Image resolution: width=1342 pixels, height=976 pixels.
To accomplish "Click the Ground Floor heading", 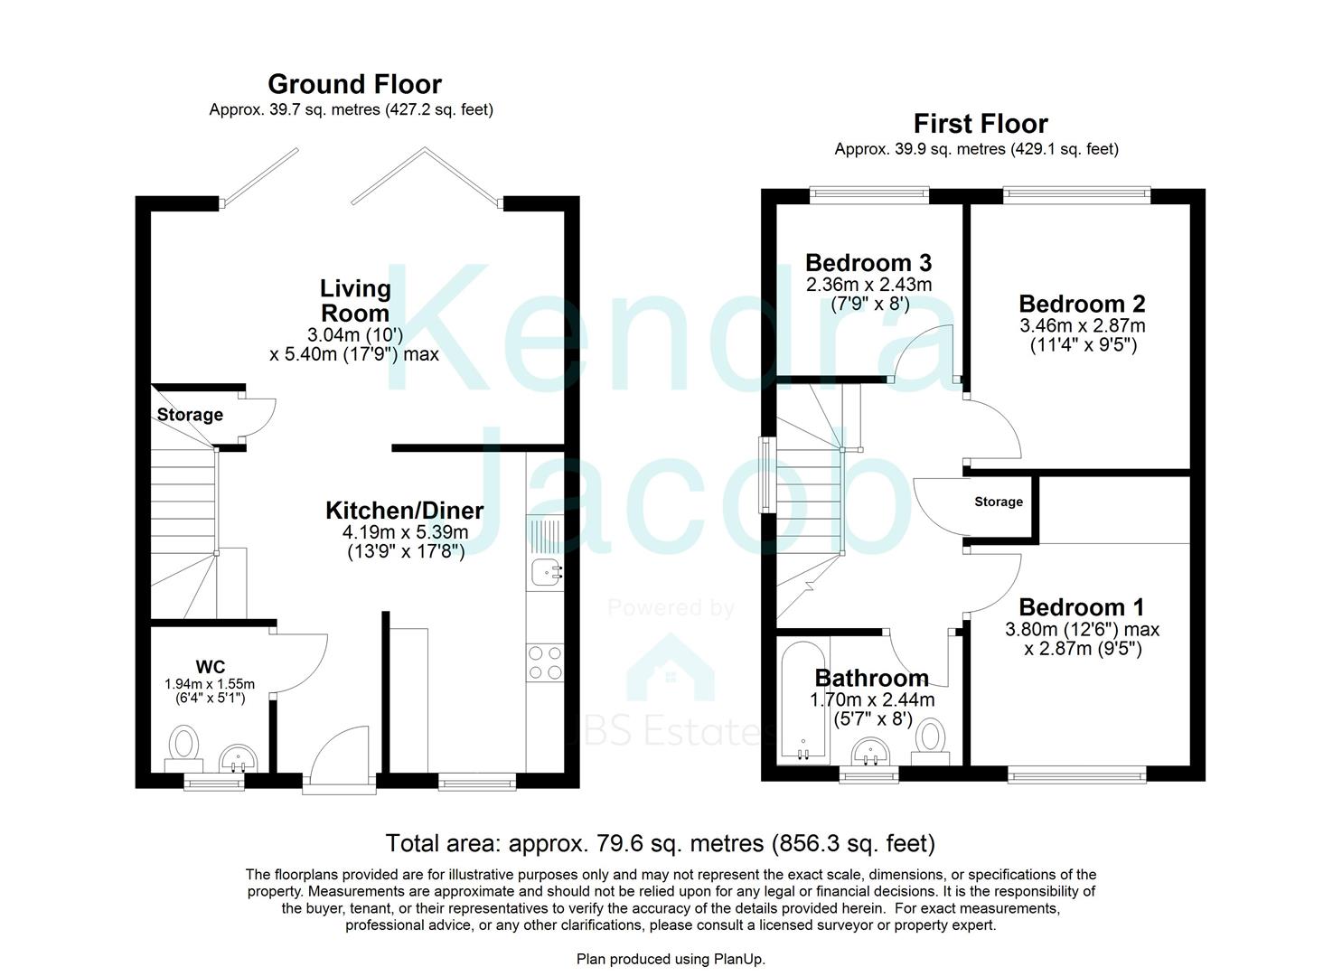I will (x=354, y=84).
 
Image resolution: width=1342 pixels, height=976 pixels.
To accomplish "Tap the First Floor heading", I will (x=980, y=124).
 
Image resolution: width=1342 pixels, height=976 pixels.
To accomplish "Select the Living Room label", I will (x=355, y=301).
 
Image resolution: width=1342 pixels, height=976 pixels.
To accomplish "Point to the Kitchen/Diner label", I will (x=404, y=511).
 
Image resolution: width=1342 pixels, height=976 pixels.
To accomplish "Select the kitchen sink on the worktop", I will (x=546, y=571).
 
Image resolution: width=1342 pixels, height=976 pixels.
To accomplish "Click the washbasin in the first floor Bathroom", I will (x=872, y=751).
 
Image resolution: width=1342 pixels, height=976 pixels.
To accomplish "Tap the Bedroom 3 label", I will (x=868, y=263).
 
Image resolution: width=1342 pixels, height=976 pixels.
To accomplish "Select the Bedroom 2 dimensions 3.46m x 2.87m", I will (x=1082, y=325).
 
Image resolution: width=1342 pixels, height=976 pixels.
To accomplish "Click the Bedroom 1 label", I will (x=1082, y=607).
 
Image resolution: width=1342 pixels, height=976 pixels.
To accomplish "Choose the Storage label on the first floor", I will (x=998, y=502).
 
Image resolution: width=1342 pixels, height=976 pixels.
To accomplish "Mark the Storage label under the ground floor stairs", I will (x=190, y=415).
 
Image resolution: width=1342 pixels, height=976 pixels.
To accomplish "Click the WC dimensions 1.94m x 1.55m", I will (x=210, y=684).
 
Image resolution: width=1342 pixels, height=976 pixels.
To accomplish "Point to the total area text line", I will (x=660, y=843).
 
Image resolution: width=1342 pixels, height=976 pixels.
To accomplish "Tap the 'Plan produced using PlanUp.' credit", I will (x=671, y=959).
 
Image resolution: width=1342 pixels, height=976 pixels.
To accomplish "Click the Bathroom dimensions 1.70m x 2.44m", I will (x=872, y=699).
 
